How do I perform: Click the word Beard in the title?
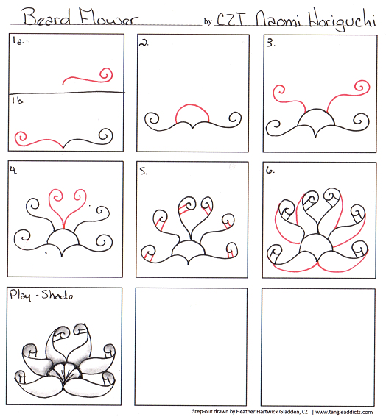pos(47,17)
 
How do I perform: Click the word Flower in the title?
pos(108,16)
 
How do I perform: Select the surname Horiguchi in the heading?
pos(343,19)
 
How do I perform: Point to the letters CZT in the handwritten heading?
pos(231,19)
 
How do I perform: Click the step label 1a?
pos(18,41)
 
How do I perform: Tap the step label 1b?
pos(18,100)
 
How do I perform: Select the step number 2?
pos(144,43)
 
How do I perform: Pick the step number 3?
pos(270,43)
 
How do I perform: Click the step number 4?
pos(13,170)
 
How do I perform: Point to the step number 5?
pos(144,171)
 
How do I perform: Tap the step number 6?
pos(270,171)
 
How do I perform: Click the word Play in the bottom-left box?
pos(20,295)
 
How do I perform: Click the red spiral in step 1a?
pos(107,74)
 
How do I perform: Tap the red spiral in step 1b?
pos(21,138)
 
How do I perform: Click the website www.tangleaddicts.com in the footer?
pos(344,412)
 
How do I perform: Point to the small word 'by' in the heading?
pos(208,21)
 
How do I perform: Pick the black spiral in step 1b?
pos(106,136)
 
